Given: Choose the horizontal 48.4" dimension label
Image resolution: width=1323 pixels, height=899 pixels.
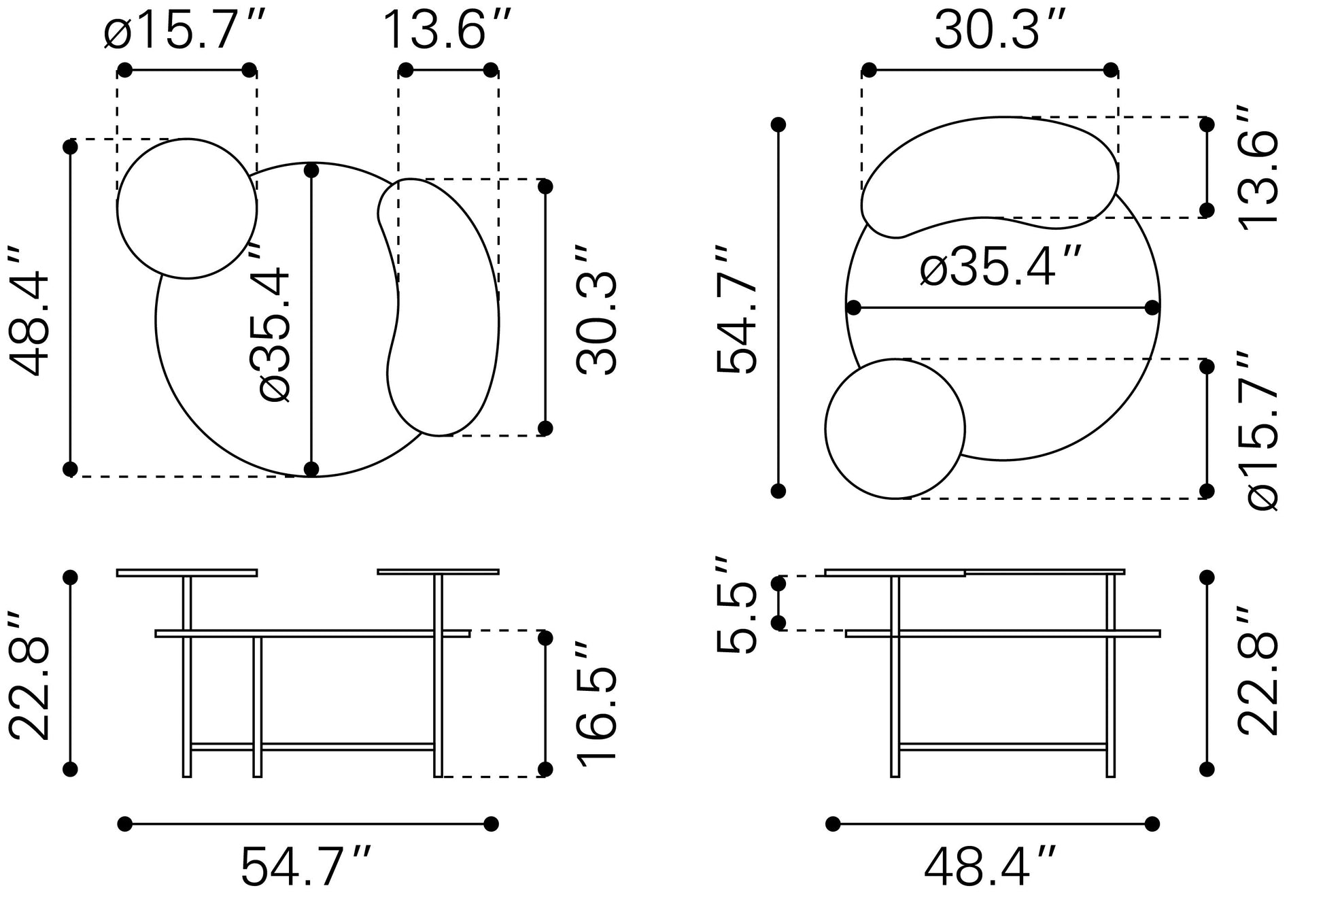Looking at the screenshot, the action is click(990, 866).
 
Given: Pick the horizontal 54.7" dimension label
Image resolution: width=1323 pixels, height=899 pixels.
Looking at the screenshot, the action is click(306, 866).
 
